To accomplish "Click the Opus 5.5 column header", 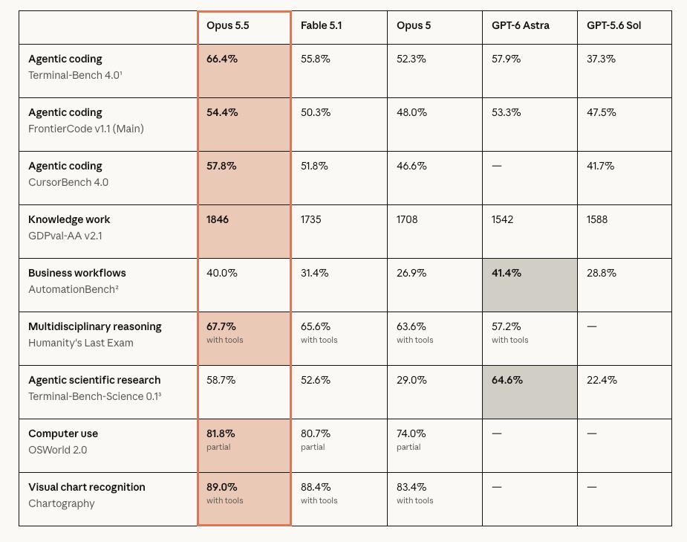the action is tap(228, 25).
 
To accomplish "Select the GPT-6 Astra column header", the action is tap(521, 25).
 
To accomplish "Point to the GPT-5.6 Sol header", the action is tap(613, 25).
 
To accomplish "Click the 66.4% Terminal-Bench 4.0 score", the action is tap(222, 59).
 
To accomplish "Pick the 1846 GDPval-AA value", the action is tap(218, 219).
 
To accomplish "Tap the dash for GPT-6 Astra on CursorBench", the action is tap(496, 166).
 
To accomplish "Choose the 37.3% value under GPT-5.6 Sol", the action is tap(601, 59).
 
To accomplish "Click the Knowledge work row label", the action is tap(69, 219).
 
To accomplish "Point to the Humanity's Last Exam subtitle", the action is tap(81, 343).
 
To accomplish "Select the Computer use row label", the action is tap(63, 433).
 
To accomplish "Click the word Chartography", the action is tap(62, 503).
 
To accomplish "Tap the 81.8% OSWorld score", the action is tap(221, 433).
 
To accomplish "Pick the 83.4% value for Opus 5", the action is tap(411, 487).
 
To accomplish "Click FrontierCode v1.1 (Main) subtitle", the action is tap(86, 129).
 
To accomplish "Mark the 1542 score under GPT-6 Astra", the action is tap(502, 219).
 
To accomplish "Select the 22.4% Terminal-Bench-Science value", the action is tap(602, 380).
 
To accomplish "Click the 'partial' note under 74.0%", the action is tap(408, 447).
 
